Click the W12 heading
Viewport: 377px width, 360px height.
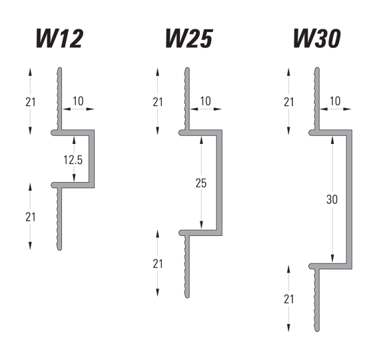pyautogui.click(x=59, y=38)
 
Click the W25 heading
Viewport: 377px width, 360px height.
pyautogui.click(x=189, y=38)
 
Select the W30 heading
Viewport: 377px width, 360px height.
pyautogui.click(x=317, y=38)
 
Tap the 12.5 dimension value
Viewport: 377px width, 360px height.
pyautogui.click(x=73, y=160)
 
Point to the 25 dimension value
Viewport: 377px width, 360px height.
pyautogui.click(x=201, y=183)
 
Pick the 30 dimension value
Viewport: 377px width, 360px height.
pyautogui.click(x=332, y=199)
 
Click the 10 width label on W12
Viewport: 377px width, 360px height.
pyautogui.click(x=78, y=101)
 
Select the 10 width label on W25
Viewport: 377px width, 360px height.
pyautogui.click(x=206, y=101)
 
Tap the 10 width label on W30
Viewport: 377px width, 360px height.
pyautogui.click(x=335, y=101)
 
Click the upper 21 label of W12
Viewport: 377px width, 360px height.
pyautogui.click(x=30, y=102)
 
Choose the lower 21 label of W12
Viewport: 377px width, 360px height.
pyautogui.click(x=30, y=217)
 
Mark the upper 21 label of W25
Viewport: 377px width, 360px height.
pyautogui.click(x=158, y=102)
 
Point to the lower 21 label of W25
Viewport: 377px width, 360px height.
pyautogui.click(x=158, y=264)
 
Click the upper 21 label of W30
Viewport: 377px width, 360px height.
pyautogui.click(x=289, y=102)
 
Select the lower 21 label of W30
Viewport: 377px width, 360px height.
pyautogui.click(x=289, y=299)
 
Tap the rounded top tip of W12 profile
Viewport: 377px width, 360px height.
pyautogui.click(x=60, y=69)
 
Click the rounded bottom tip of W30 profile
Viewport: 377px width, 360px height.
pyautogui.click(x=317, y=331)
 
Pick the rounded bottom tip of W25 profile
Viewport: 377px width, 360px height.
pyautogui.click(x=187, y=297)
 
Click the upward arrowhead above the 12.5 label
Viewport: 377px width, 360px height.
pyautogui.click(x=74, y=140)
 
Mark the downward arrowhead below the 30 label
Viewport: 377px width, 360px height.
pyautogui.click(x=332, y=258)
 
